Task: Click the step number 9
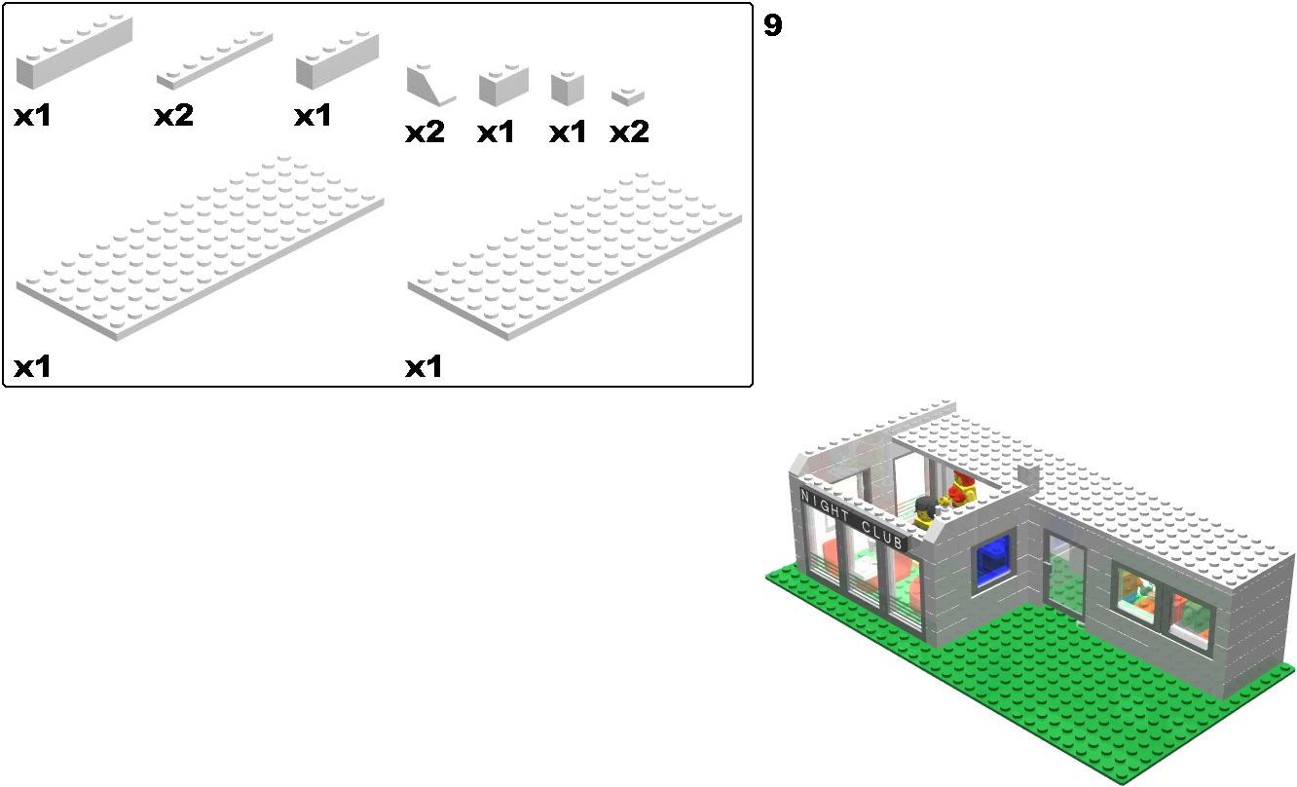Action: tap(772, 26)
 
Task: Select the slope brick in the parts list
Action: tap(430, 85)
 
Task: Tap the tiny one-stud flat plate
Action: tap(628, 96)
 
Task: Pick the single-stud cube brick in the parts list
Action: tap(568, 89)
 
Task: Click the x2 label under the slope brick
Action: tap(425, 132)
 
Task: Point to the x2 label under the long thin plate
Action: tap(173, 116)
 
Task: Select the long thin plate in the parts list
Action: tap(214, 60)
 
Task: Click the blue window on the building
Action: tap(993, 558)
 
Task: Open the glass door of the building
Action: tap(1064, 576)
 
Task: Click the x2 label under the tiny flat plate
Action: tap(629, 132)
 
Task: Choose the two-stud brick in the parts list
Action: tap(503, 85)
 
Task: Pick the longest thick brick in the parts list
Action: tap(74, 52)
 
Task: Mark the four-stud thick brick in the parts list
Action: tap(338, 60)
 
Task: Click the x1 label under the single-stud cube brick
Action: tap(568, 132)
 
